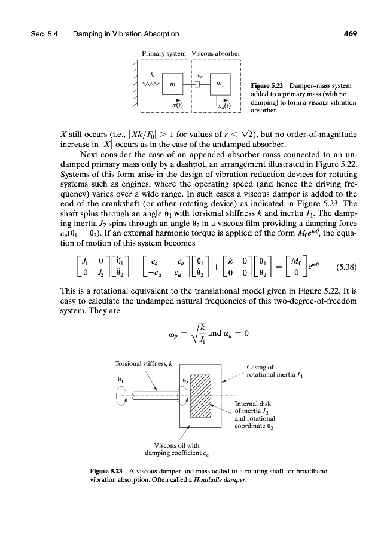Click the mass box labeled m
[172, 85]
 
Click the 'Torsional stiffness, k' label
[139, 363]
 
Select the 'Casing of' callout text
[260, 368]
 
